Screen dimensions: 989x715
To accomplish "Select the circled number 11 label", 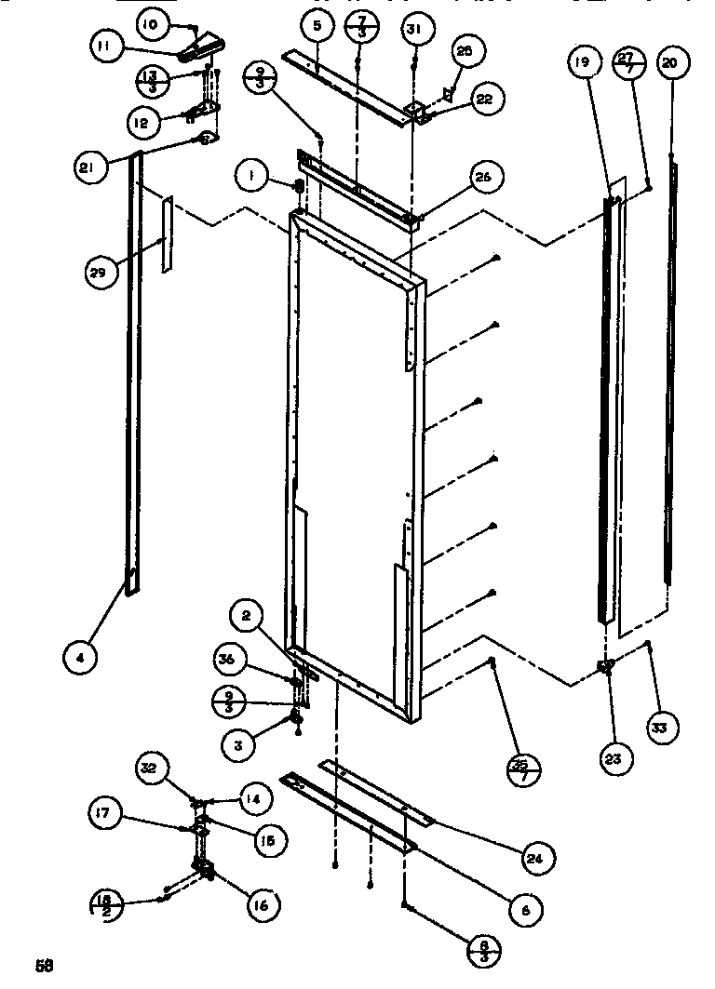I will [x=107, y=46].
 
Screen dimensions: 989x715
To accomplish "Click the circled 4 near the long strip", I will [x=81, y=658].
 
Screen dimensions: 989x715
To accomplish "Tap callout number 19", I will [x=581, y=63].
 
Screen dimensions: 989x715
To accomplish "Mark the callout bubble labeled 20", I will [x=669, y=64].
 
